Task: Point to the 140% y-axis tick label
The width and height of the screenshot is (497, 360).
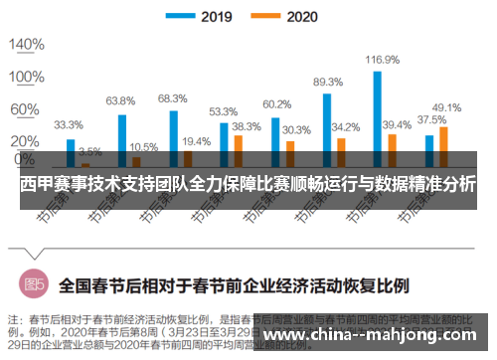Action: (x=27, y=44)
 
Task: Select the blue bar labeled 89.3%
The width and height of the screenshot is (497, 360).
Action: (x=326, y=128)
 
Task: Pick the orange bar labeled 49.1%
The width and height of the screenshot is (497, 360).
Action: (x=443, y=144)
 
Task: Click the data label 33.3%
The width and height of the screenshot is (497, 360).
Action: (x=69, y=125)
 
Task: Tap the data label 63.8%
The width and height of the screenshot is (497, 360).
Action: (x=120, y=100)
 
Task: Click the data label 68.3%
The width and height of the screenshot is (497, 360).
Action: (x=172, y=97)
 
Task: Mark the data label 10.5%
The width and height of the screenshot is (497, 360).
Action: (x=143, y=146)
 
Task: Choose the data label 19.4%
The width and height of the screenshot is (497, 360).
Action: (x=196, y=141)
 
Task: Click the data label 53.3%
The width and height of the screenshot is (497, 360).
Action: (x=223, y=111)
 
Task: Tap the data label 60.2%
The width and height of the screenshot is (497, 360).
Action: (x=276, y=103)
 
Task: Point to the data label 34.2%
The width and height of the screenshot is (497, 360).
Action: (x=345, y=127)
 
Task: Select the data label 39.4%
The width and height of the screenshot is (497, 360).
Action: (x=397, y=124)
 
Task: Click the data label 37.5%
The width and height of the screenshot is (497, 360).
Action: (x=430, y=119)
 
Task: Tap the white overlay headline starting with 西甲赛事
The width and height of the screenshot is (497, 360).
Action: (x=248, y=186)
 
